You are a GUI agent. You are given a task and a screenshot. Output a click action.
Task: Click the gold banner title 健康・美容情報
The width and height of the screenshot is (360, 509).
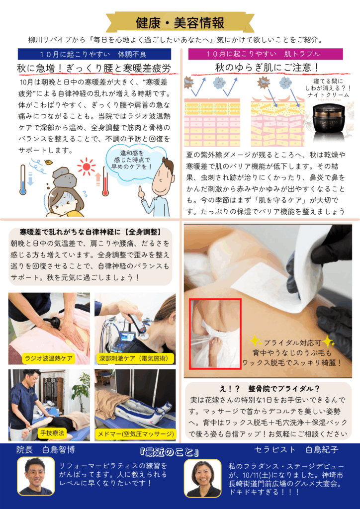pos(180,23)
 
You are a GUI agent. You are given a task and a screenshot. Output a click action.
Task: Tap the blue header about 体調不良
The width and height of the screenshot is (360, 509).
pos(94,54)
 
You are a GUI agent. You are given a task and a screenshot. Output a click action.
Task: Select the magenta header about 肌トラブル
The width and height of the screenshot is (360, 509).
pos(266,54)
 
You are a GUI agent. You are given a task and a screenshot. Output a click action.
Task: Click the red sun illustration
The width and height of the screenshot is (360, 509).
pos(87,167)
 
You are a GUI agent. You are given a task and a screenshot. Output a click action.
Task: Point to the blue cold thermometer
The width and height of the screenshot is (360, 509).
pos(23,179)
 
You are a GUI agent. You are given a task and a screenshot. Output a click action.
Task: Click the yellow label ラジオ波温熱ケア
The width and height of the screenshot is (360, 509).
pos(48,358)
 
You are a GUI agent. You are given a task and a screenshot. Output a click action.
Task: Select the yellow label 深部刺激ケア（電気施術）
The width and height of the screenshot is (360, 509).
pos(136,358)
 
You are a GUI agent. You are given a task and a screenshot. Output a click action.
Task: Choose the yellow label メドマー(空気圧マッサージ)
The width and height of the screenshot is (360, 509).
pos(136,433)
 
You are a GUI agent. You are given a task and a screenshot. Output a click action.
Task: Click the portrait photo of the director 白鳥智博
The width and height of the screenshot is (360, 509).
pos(36,476)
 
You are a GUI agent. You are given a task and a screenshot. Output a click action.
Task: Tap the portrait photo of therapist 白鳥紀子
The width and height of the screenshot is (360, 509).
pos(203,479)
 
